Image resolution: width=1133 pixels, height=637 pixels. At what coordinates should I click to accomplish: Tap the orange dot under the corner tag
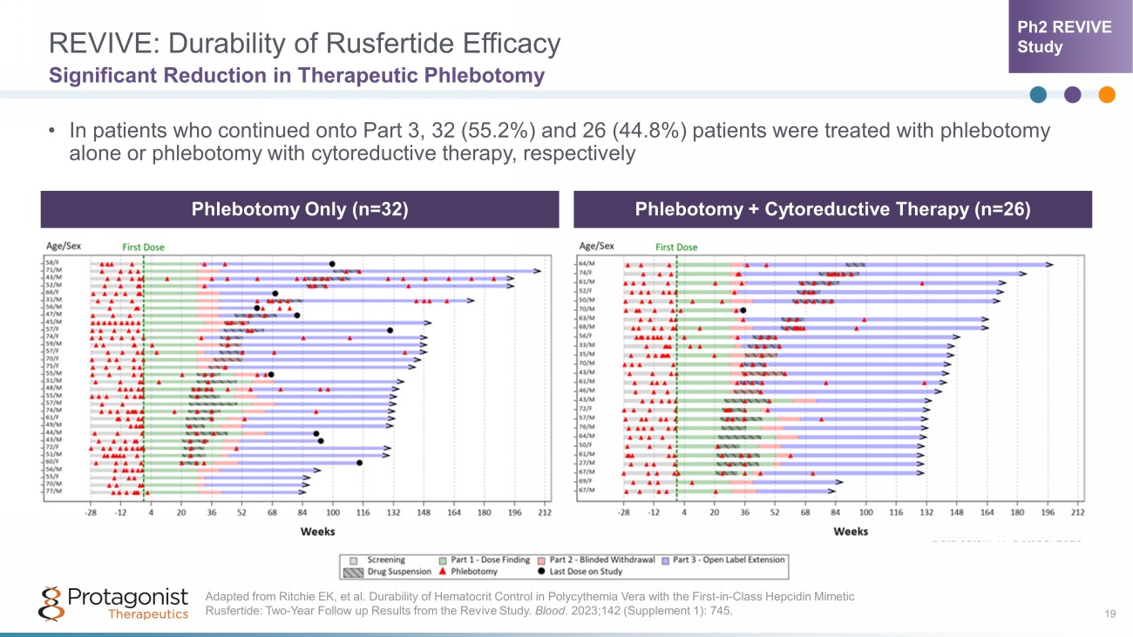pyautogui.click(x=1107, y=95)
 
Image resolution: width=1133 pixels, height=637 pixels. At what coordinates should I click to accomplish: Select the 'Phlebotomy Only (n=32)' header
pyautogui.click(x=301, y=210)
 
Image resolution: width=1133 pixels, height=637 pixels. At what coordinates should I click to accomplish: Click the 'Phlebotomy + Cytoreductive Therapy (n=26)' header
pyautogui.click(x=832, y=210)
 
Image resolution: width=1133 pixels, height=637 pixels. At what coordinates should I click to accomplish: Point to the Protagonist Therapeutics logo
pyautogui.click(x=114, y=603)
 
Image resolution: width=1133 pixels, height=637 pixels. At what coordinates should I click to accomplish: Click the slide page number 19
pyautogui.click(x=1109, y=615)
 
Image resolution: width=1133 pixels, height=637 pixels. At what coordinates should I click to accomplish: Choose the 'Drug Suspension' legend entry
pyautogui.click(x=384, y=572)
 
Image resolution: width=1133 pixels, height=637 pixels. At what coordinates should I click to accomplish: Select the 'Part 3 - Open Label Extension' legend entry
pyautogui.click(x=723, y=559)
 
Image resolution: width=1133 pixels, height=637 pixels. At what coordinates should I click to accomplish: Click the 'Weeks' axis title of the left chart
pyautogui.click(x=318, y=531)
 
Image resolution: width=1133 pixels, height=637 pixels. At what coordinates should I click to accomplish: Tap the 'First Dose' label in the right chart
pyautogui.click(x=676, y=247)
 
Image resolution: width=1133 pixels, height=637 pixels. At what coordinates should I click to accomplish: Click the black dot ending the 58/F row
pyautogui.click(x=332, y=263)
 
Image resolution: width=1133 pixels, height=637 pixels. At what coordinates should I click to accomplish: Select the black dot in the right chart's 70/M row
pyautogui.click(x=743, y=310)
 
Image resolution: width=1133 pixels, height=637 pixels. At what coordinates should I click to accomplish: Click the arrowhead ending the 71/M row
pyautogui.click(x=538, y=271)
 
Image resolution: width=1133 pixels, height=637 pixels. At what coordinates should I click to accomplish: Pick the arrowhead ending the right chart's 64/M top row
pyautogui.click(x=1049, y=264)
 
